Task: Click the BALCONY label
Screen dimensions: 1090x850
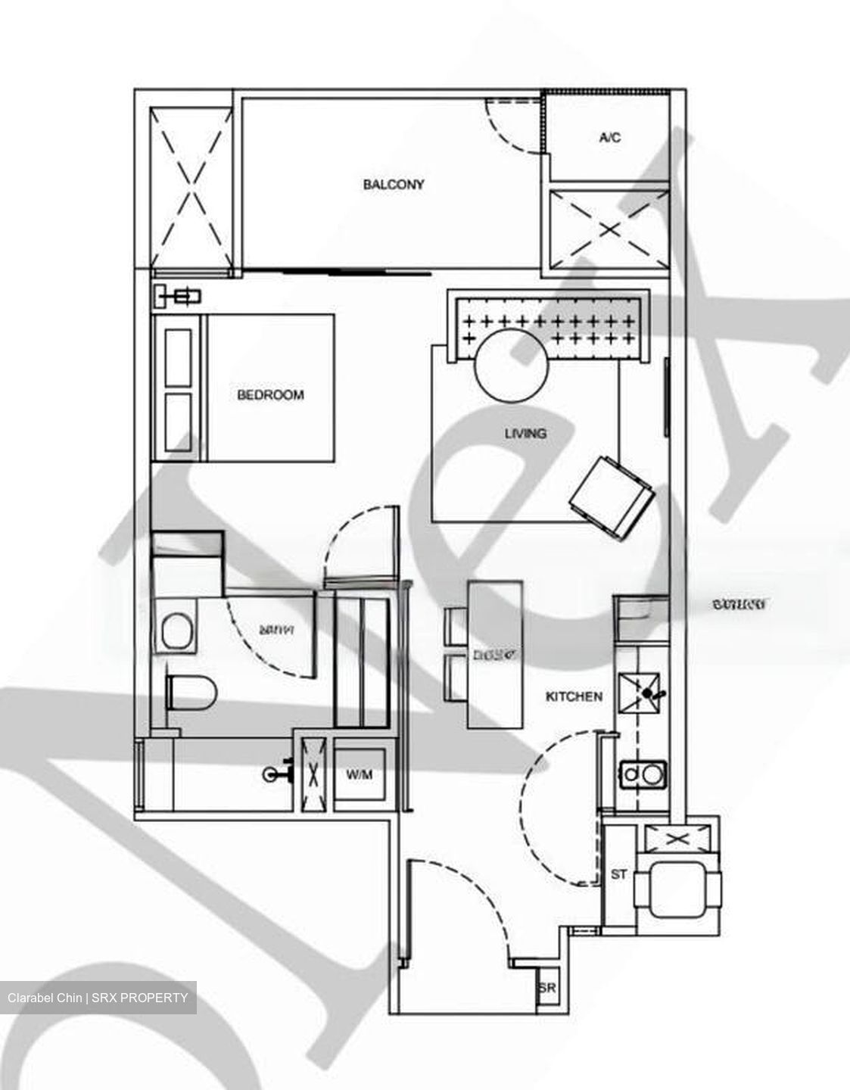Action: pos(394,185)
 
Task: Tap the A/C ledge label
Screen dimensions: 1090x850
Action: pos(610,138)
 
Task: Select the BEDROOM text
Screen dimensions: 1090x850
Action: pos(270,395)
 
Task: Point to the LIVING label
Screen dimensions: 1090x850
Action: pos(525,434)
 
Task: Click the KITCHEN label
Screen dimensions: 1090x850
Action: pos(574,696)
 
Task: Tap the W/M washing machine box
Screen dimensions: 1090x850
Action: pos(360,776)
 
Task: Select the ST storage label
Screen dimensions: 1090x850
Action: pos(619,874)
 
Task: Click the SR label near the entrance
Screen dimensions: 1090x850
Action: pos(546,989)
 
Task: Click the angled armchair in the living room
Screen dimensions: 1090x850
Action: pos(612,497)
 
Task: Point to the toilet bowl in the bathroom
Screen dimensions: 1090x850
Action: pos(191,692)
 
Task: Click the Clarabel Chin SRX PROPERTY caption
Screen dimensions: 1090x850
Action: pos(98,998)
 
